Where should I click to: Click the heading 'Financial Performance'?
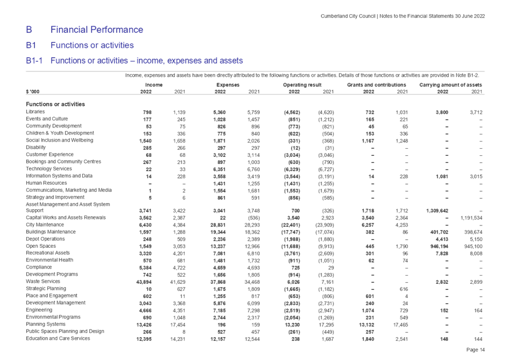(97, 29)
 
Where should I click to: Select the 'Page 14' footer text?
(476, 350)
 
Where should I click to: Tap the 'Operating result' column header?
(302, 85)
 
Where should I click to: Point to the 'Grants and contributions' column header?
(376, 85)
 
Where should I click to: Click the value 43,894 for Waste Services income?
(144, 282)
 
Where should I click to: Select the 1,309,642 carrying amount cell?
(437, 211)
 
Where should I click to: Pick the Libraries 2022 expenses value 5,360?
(220, 112)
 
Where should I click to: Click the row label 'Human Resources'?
(46, 183)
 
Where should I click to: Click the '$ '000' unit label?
(33, 92)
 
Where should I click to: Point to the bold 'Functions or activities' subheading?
(56, 104)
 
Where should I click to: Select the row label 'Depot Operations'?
(45, 239)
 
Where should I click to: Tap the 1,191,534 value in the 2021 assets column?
(472, 218)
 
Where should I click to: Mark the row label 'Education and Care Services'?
(58, 338)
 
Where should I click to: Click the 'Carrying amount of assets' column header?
(451, 85)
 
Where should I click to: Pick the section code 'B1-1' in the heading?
(34, 60)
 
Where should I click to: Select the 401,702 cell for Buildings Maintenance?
(439, 233)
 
